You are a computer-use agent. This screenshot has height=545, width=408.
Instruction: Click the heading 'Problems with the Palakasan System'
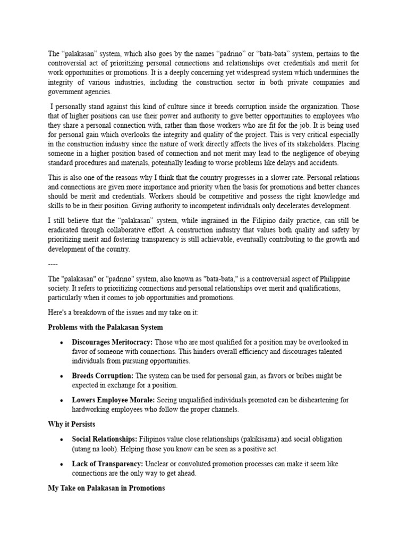click(105, 327)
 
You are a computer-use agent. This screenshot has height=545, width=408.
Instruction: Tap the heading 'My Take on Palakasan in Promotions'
click(106, 488)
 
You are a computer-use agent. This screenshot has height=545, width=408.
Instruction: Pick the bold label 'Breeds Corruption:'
click(102, 376)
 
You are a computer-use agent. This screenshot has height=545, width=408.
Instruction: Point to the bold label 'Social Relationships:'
click(105, 439)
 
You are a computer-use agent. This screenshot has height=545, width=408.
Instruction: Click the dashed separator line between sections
click(53, 265)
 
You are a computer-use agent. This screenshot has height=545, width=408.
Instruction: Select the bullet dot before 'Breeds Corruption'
click(63, 376)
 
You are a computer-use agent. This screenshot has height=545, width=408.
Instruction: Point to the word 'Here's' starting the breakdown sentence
click(57, 312)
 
